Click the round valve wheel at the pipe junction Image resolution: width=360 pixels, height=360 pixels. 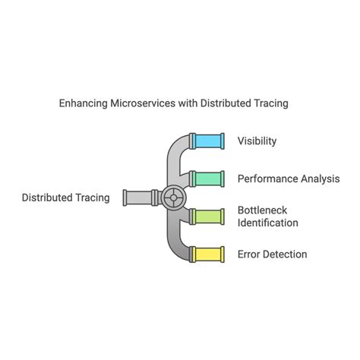click(x=173, y=197)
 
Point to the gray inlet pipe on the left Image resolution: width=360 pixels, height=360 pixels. click(x=137, y=197)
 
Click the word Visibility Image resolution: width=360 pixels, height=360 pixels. click(x=257, y=141)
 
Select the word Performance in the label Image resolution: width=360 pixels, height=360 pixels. click(x=267, y=179)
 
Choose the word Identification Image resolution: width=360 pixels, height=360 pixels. click(x=267, y=223)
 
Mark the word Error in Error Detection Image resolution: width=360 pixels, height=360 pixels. click(x=250, y=254)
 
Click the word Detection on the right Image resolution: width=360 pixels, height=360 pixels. click(x=286, y=254)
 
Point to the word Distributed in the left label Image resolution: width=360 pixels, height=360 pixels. click(x=47, y=197)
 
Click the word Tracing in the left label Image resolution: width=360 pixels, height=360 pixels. click(x=92, y=197)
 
